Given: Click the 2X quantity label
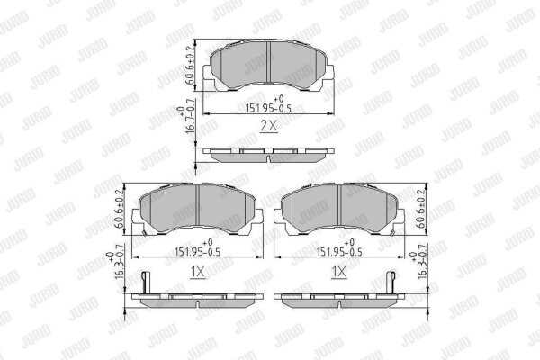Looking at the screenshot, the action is pos(268,126).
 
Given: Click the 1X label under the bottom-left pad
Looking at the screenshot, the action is pos(198,272).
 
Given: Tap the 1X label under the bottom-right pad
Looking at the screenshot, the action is pos(339,272).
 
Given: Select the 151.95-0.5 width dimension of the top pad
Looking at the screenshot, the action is pos(268,109).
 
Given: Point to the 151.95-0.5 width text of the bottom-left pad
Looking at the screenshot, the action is pos(197,252).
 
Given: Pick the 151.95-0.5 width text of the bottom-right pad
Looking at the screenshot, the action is pos(339,252).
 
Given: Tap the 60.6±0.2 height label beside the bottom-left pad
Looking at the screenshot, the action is pos(119,209).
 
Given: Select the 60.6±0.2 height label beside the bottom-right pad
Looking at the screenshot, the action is pos(421,209).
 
